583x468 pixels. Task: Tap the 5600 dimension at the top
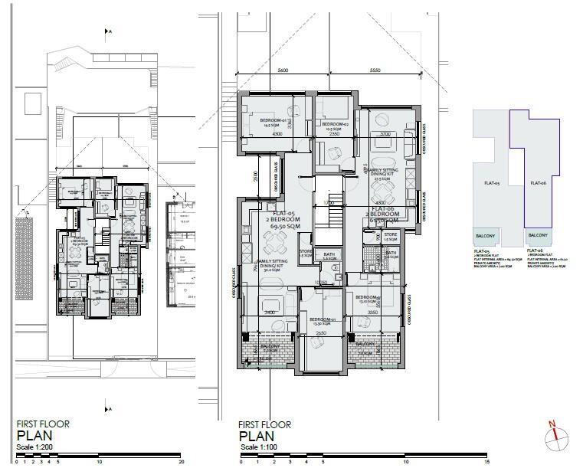[x=283, y=70]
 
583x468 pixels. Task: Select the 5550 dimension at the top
[x=375, y=70]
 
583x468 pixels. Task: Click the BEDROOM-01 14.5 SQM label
[x=273, y=123]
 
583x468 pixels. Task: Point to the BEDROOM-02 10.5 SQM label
[x=335, y=126]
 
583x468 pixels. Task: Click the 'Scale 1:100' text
[x=260, y=447]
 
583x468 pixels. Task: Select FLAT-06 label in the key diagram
[x=537, y=183]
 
